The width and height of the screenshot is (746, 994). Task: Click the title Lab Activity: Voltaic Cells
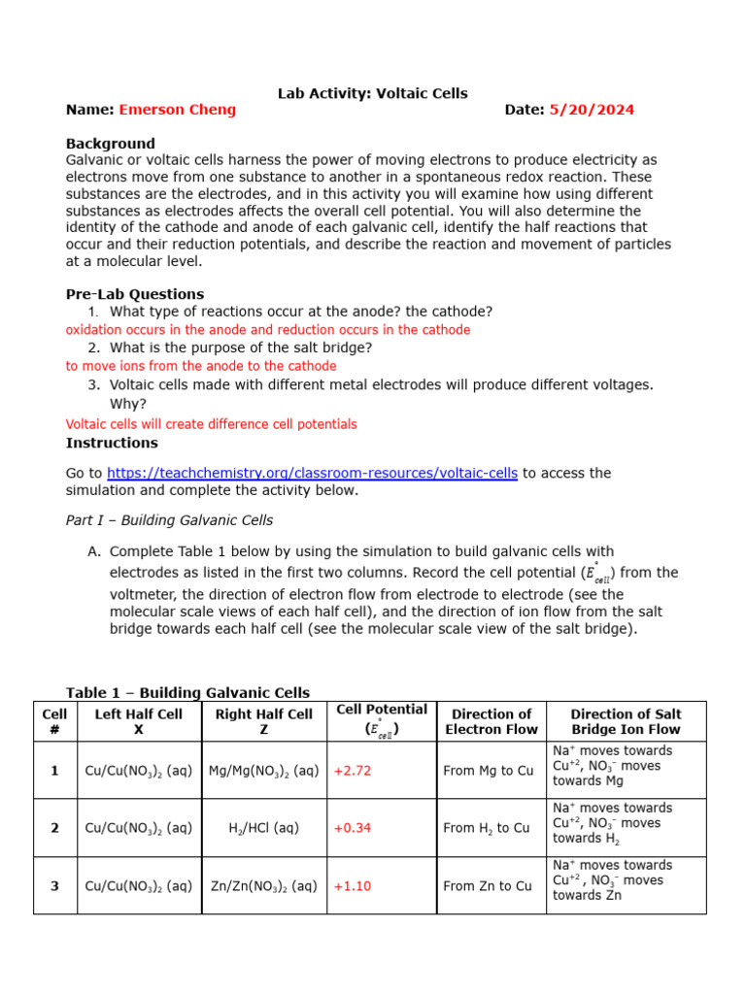pos(372,93)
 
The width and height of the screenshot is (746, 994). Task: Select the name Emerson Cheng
pos(177,110)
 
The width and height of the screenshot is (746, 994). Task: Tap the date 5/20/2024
pos(591,110)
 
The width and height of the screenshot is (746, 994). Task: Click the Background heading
pos(110,144)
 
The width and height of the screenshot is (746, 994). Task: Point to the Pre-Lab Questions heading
pos(134,294)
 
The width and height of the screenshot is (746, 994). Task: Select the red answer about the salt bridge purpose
pos(201,366)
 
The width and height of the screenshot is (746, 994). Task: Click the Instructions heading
pos(112,443)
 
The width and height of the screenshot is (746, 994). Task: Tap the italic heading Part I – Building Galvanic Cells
pos(169,520)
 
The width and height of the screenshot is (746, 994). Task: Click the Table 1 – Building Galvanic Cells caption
pos(187,692)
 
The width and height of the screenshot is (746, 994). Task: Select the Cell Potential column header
pos(381,719)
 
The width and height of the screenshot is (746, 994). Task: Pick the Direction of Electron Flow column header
pos(492,721)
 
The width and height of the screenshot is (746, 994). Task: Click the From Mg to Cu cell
pos(488,771)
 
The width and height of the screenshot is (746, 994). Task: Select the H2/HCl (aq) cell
pos(263,828)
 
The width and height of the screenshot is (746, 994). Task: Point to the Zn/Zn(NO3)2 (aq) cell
pos(263,885)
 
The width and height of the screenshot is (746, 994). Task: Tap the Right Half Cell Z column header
pos(263,721)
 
